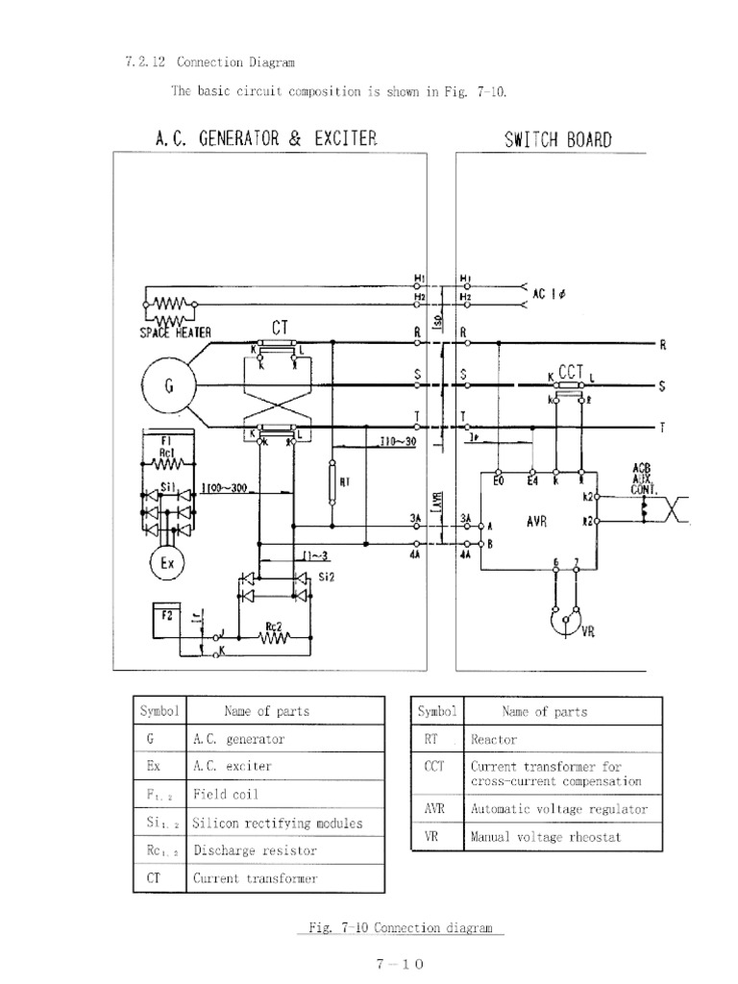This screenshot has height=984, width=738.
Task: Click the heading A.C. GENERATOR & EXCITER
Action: (x=266, y=138)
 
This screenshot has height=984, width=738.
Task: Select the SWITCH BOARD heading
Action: (x=558, y=139)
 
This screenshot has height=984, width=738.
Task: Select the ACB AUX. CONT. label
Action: (x=643, y=478)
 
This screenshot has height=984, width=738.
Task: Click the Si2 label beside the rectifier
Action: (x=326, y=577)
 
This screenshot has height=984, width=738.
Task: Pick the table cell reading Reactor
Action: (x=494, y=740)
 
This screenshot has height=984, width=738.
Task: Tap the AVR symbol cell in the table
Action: (x=434, y=809)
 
